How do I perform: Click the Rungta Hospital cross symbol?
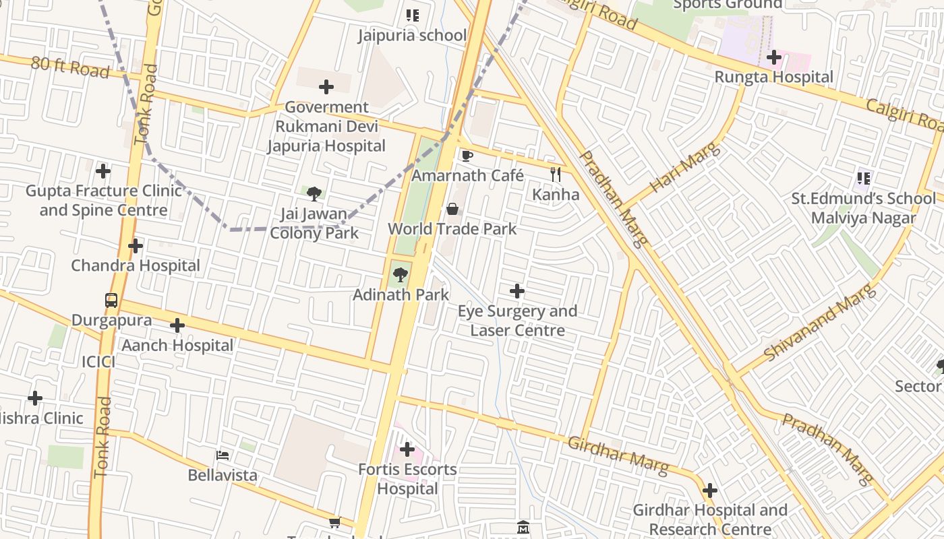(x=773, y=57)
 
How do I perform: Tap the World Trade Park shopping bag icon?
(x=452, y=209)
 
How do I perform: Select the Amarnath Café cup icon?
(x=467, y=156)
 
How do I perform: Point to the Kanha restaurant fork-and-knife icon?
(x=555, y=175)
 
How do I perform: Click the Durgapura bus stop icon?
(x=111, y=300)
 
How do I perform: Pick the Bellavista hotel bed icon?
(x=222, y=455)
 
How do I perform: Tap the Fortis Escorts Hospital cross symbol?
(x=407, y=449)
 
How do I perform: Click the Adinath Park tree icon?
(x=400, y=274)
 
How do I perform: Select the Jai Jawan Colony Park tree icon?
(x=314, y=194)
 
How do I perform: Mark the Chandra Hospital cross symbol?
(x=136, y=246)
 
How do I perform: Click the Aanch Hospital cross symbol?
(x=177, y=326)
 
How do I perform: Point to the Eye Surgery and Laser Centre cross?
(x=517, y=291)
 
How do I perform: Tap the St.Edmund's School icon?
(x=864, y=179)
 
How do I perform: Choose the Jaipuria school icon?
(x=412, y=15)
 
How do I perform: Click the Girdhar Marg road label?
(x=618, y=455)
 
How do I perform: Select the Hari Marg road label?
(x=685, y=168)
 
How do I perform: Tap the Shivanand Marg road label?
(x=820, y=322)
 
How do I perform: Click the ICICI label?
(x=98, y=362)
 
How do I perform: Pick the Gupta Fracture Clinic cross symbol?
(x=102, y=171)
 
